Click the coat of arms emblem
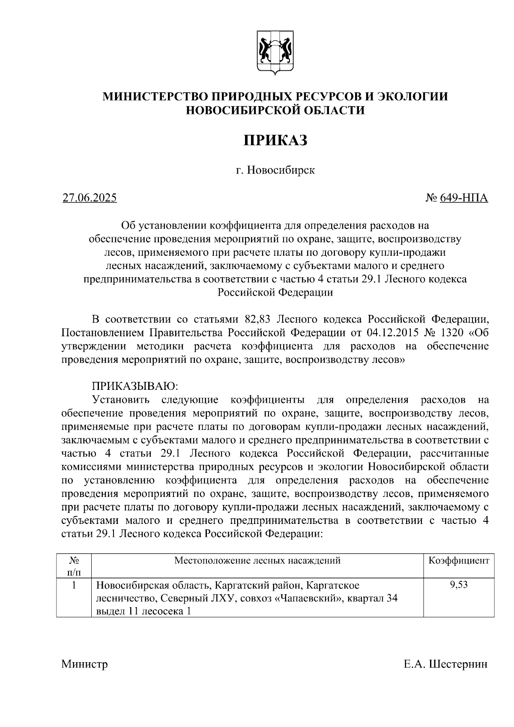click(x=275, y=52)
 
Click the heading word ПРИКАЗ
click(x=275, y=140)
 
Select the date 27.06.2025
click(x=90, y=198)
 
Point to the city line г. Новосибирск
click(x=275, y=171)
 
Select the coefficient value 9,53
click(x=458, y=584)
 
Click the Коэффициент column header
click(x=458, y=560)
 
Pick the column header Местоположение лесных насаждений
click(x=257, y=560)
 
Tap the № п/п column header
click(x=74, y=566)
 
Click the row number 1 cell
click(x=74, y=585)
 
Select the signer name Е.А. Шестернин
click(x=445, y=664)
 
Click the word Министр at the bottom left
click(x=84, y=664)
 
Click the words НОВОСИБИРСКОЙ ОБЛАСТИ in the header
click(x=275, y=111)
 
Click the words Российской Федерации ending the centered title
click(x=275, y=293)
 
